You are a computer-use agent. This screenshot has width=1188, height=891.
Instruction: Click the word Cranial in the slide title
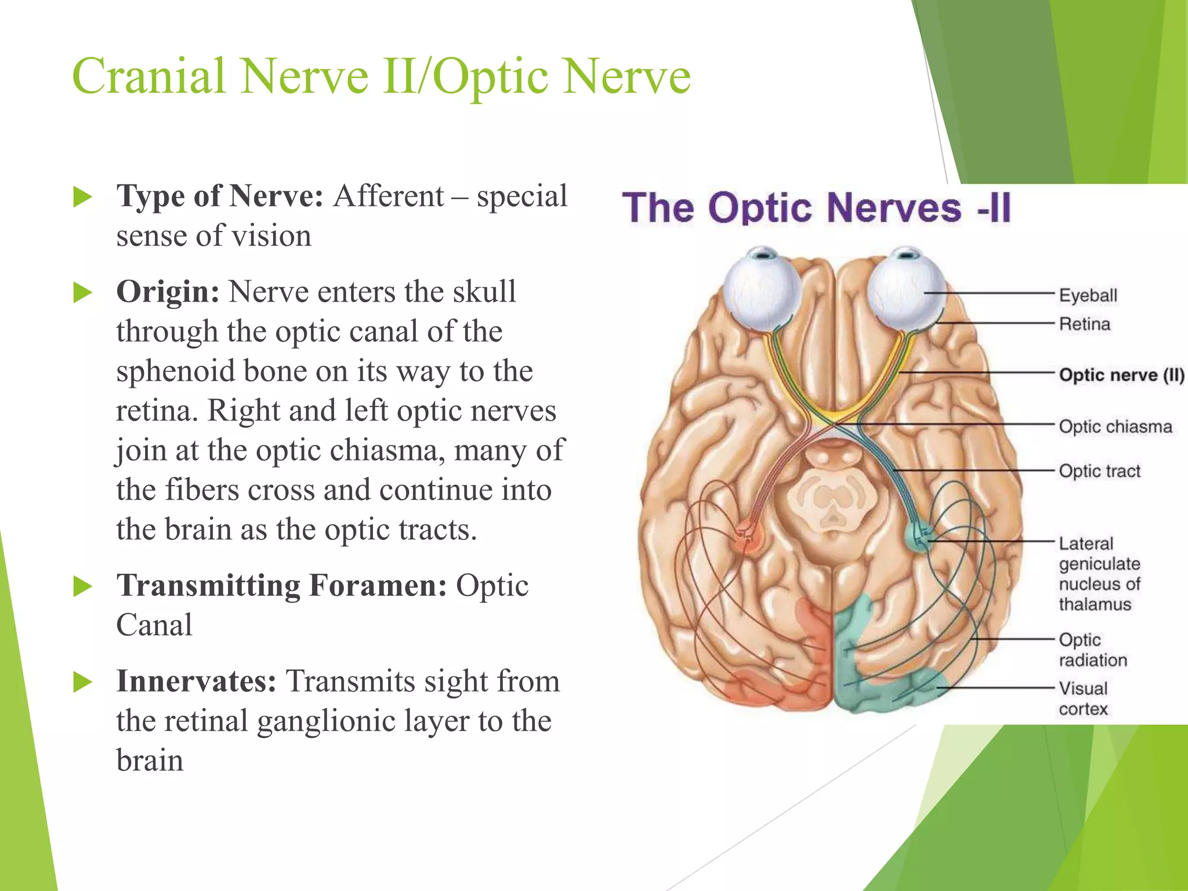coord(148,76)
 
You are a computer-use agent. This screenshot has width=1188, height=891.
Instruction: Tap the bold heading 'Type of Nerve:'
coord(219,196)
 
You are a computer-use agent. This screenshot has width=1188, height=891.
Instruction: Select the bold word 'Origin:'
coord(168,292)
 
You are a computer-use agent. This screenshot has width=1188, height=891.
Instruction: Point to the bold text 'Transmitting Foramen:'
coord(281,585)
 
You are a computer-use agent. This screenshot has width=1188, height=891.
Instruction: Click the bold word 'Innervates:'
coord(196,681)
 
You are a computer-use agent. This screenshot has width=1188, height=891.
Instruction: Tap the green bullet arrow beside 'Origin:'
coord(83,292)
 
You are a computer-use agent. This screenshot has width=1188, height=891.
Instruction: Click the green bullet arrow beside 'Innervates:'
coord(83,682)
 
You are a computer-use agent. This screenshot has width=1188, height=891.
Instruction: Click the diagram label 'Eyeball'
coord(1088,295)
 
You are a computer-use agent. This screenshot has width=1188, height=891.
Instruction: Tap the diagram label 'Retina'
coord(1084,324)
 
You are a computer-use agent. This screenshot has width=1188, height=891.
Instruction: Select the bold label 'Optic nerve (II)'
coord(1121,375)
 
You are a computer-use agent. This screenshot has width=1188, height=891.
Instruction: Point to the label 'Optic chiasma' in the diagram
coord(1115,426)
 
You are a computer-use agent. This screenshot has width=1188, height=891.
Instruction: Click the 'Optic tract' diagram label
coord(1099,471)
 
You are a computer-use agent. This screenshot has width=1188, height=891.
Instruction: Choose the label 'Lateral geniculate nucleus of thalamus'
coord(1099,574)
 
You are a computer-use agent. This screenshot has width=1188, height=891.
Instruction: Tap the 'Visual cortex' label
coord(1083,698)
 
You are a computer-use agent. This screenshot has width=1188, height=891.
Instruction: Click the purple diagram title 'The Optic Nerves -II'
coord(816,207)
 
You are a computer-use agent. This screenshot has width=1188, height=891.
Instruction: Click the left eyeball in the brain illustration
coord(762,290)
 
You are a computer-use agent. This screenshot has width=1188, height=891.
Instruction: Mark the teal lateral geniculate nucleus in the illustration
coord(920,536)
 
